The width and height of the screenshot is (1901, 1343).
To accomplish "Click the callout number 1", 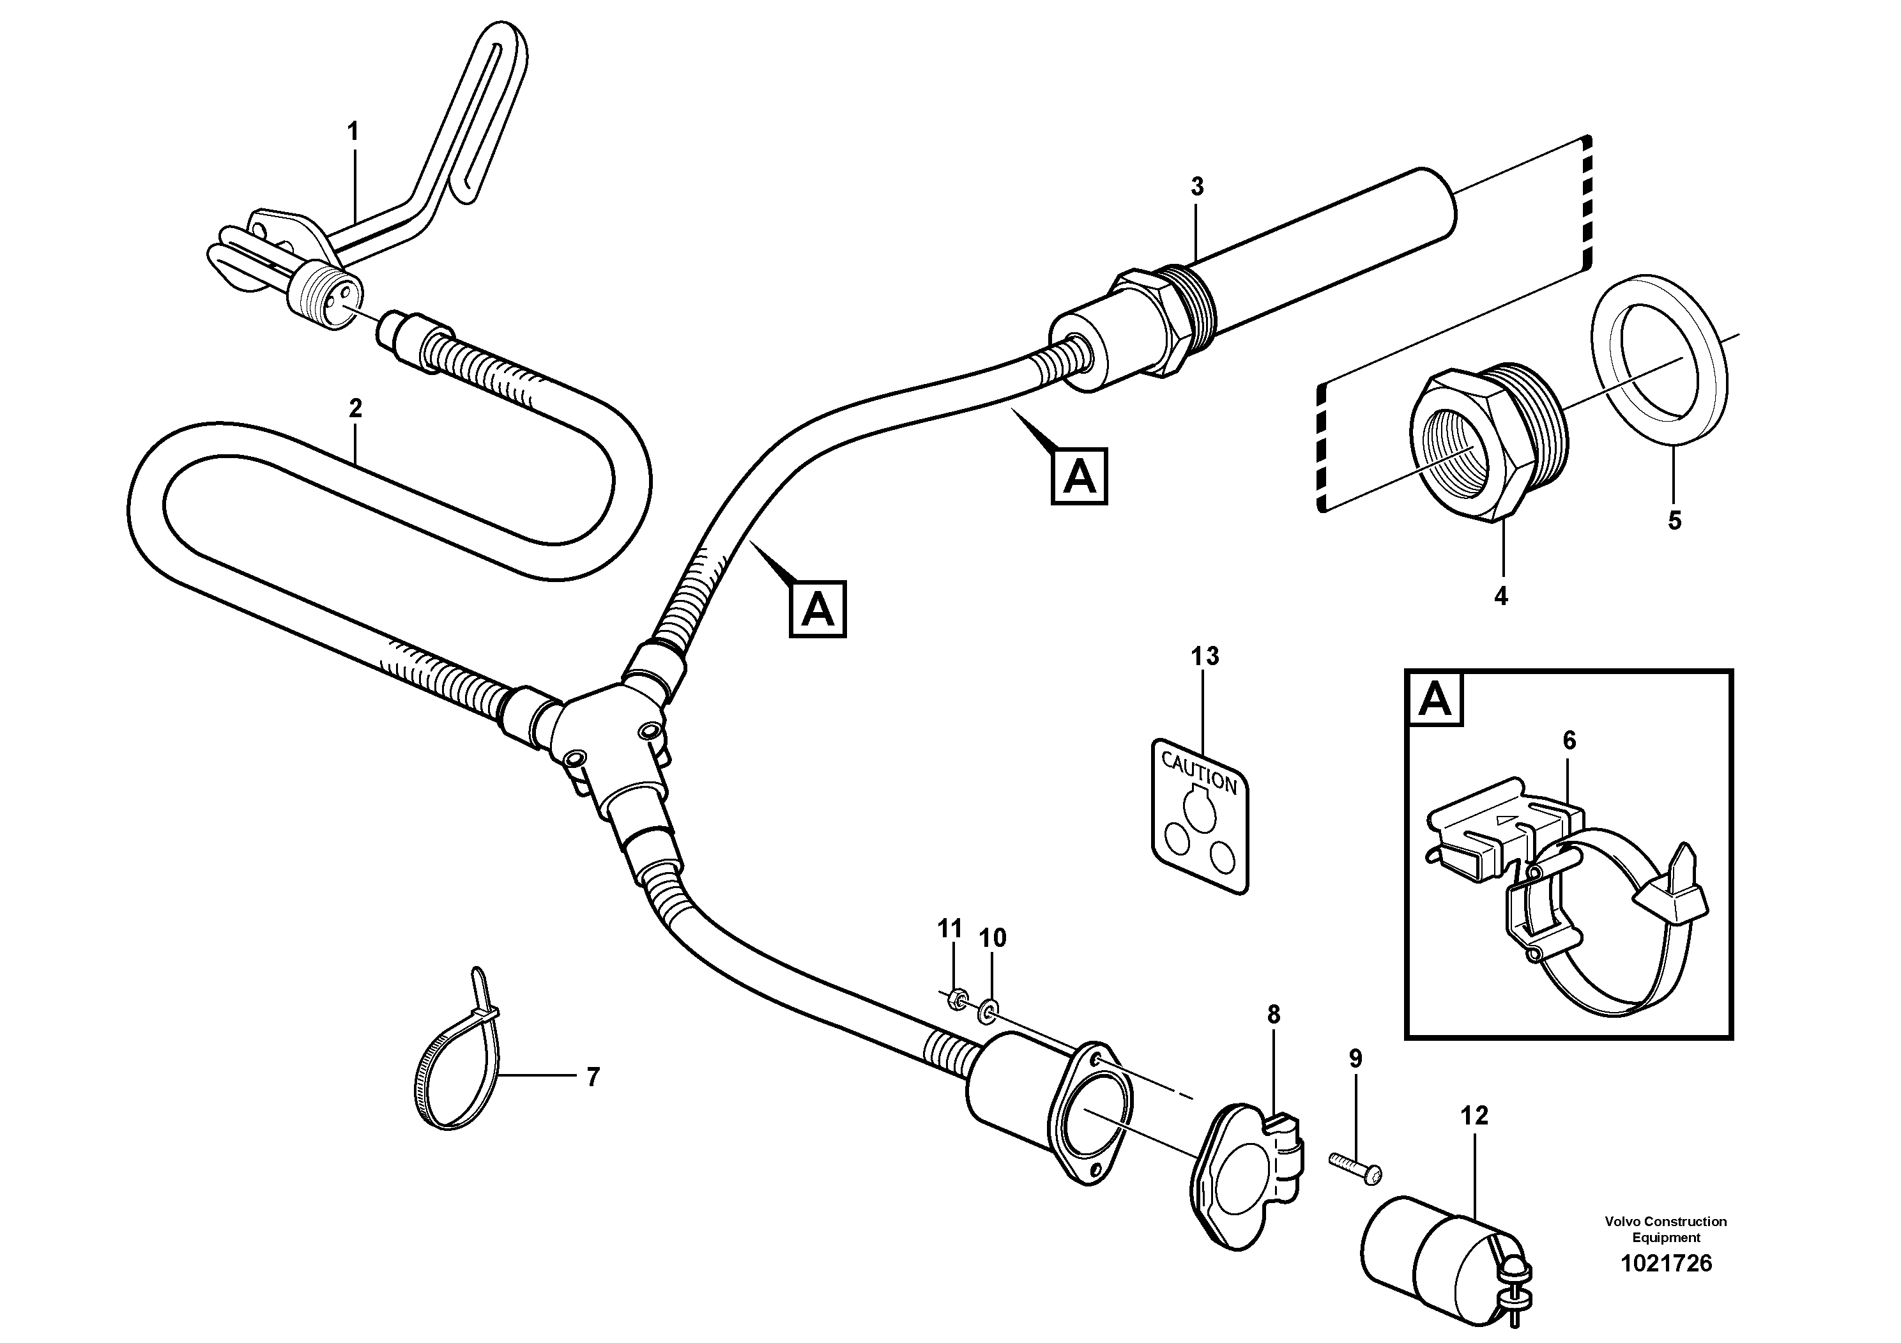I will click(353, 132).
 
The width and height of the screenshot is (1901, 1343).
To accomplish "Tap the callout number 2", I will click(356, 408).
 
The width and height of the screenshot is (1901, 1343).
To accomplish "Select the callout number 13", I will click(1205, 657).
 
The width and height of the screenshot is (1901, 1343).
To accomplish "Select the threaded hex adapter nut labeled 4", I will click(1482, 447).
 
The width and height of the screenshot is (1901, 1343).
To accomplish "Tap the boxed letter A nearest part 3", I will click(1079, 477).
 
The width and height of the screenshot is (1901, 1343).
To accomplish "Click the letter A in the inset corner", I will click(1435, 700).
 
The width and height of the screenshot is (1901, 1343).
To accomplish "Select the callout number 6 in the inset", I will click(1569, 741).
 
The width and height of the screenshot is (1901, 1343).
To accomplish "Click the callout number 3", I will click(1197, 187).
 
